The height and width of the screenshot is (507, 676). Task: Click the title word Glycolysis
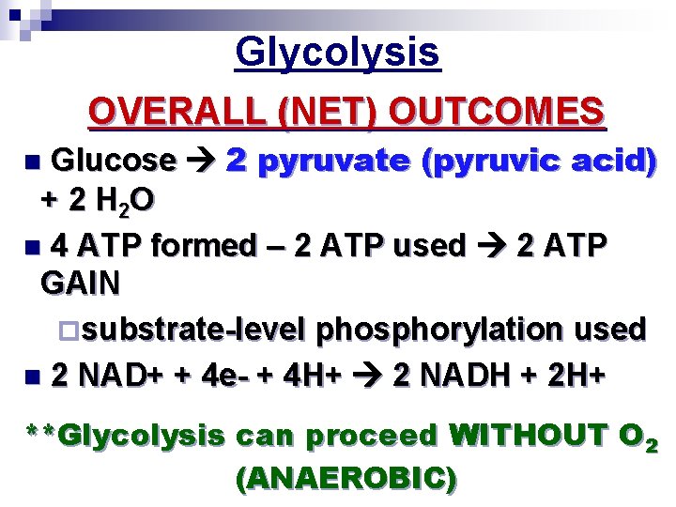coord(337,53)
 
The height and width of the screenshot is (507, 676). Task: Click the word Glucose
coord(113,161)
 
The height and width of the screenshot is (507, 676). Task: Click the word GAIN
coord(81,284)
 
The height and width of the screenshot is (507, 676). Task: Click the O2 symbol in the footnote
coord(638,438)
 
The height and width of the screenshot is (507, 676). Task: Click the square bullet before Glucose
coord(34,162)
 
